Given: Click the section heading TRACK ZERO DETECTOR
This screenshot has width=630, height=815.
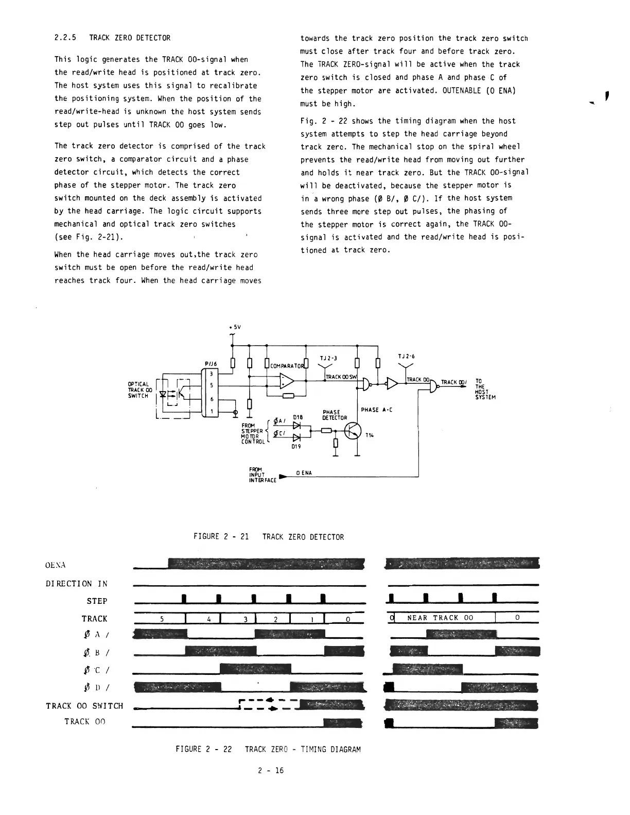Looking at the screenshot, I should click(129, 38).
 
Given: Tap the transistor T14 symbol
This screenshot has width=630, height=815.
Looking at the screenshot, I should click(354, 431).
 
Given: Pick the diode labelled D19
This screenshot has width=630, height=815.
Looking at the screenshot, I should click(296, 437).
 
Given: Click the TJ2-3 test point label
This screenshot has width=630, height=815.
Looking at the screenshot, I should click(328, 358).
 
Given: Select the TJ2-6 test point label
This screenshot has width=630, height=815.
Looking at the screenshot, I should click(407, 356).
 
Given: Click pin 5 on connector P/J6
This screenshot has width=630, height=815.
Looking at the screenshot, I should click(212, 384).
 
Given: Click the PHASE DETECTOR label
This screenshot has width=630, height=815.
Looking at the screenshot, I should click(335, 415).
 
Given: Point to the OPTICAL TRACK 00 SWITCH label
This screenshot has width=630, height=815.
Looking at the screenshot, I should click(138, 390).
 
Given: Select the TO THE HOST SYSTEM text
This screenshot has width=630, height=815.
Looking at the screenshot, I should click(485, 389).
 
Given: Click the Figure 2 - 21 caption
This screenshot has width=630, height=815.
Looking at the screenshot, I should click(268, 537).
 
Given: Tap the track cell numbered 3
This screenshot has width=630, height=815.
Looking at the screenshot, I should click(238, 619).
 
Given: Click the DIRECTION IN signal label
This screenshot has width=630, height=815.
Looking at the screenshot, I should click(77, 584).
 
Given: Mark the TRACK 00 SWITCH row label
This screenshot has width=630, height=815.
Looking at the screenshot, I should click(84, 706).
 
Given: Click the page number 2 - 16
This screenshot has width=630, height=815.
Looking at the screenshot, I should click(271, 771).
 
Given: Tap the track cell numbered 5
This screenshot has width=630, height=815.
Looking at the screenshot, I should click(162, 619).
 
